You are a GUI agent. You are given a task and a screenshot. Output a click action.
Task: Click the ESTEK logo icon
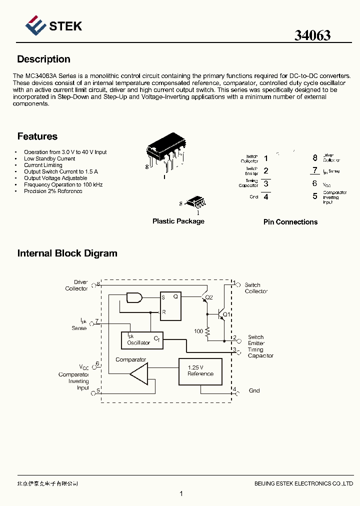click(x=35, y=25)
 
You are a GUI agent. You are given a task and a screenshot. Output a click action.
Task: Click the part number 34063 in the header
click(x=312, y=35)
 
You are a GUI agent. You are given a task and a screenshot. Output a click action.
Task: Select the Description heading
click(x=43, y=59)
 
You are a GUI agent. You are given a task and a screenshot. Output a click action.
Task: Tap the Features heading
click(x=37, y=136)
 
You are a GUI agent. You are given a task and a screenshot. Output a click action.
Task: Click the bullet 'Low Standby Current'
click(x=49, y=158)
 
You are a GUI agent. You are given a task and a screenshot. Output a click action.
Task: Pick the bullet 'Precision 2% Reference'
click(x=53, y=191)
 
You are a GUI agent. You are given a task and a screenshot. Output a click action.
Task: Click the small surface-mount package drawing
click(x=196, y=202)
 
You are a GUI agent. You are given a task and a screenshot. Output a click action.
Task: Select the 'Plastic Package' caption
click(x=178, y=221)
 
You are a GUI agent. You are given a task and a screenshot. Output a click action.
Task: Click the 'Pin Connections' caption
click(x=290, y=222)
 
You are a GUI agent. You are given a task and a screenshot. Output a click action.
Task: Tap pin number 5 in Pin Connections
click(x=315, y=196)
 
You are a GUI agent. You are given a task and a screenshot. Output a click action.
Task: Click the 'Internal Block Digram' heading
click(x=67, y=253)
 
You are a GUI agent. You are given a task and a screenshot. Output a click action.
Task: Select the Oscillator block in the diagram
click(x=142, y=340)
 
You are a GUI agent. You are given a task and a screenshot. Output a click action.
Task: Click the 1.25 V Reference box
click(x=200, y=371)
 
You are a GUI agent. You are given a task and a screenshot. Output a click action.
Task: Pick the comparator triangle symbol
click(x=139, y=373)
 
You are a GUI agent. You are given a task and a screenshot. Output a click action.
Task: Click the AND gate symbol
click(x=134, y=298)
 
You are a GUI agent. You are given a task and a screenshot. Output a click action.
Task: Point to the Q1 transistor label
click(x=226, y=314)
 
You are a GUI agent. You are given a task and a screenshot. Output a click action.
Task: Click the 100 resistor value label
click(x=198, y=331)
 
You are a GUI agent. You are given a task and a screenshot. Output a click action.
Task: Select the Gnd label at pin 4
click(x=254, y=390)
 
